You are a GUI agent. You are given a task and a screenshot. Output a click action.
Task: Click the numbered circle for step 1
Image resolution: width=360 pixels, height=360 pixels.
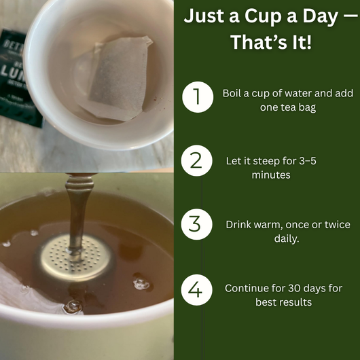[x=196, y=98]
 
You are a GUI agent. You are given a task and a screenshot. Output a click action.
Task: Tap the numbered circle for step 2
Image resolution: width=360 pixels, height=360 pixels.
[x=196, y=161]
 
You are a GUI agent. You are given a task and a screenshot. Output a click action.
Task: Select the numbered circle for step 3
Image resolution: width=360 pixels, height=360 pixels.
[x=196, y=224]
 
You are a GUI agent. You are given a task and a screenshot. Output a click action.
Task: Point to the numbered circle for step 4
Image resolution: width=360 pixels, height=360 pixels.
[x=196, y=290]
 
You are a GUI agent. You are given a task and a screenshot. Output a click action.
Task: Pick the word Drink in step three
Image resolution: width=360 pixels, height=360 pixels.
[x=238, y=224]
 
